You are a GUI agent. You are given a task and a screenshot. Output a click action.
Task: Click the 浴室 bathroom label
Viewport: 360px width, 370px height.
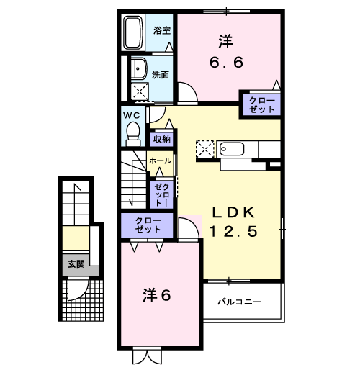coord(161,30)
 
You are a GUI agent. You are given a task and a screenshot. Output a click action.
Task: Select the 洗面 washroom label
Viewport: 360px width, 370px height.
coord(160,74)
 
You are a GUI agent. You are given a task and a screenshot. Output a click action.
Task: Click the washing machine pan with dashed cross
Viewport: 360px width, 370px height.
coord(138,91)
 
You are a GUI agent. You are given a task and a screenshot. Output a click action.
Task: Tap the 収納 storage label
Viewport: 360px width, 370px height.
coord(161,139)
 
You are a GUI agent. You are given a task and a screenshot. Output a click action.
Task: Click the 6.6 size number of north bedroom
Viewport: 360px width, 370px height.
coord(226,63)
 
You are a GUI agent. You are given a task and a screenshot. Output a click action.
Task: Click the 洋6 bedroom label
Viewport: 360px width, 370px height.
coord(156,294)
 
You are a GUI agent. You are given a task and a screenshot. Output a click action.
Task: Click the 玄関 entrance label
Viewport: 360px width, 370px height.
coord(76,264)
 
